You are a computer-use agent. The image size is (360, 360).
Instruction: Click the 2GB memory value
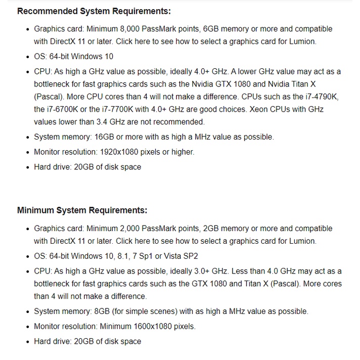tap(212, 229)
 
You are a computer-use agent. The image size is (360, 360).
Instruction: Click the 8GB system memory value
tap(97, 311)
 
